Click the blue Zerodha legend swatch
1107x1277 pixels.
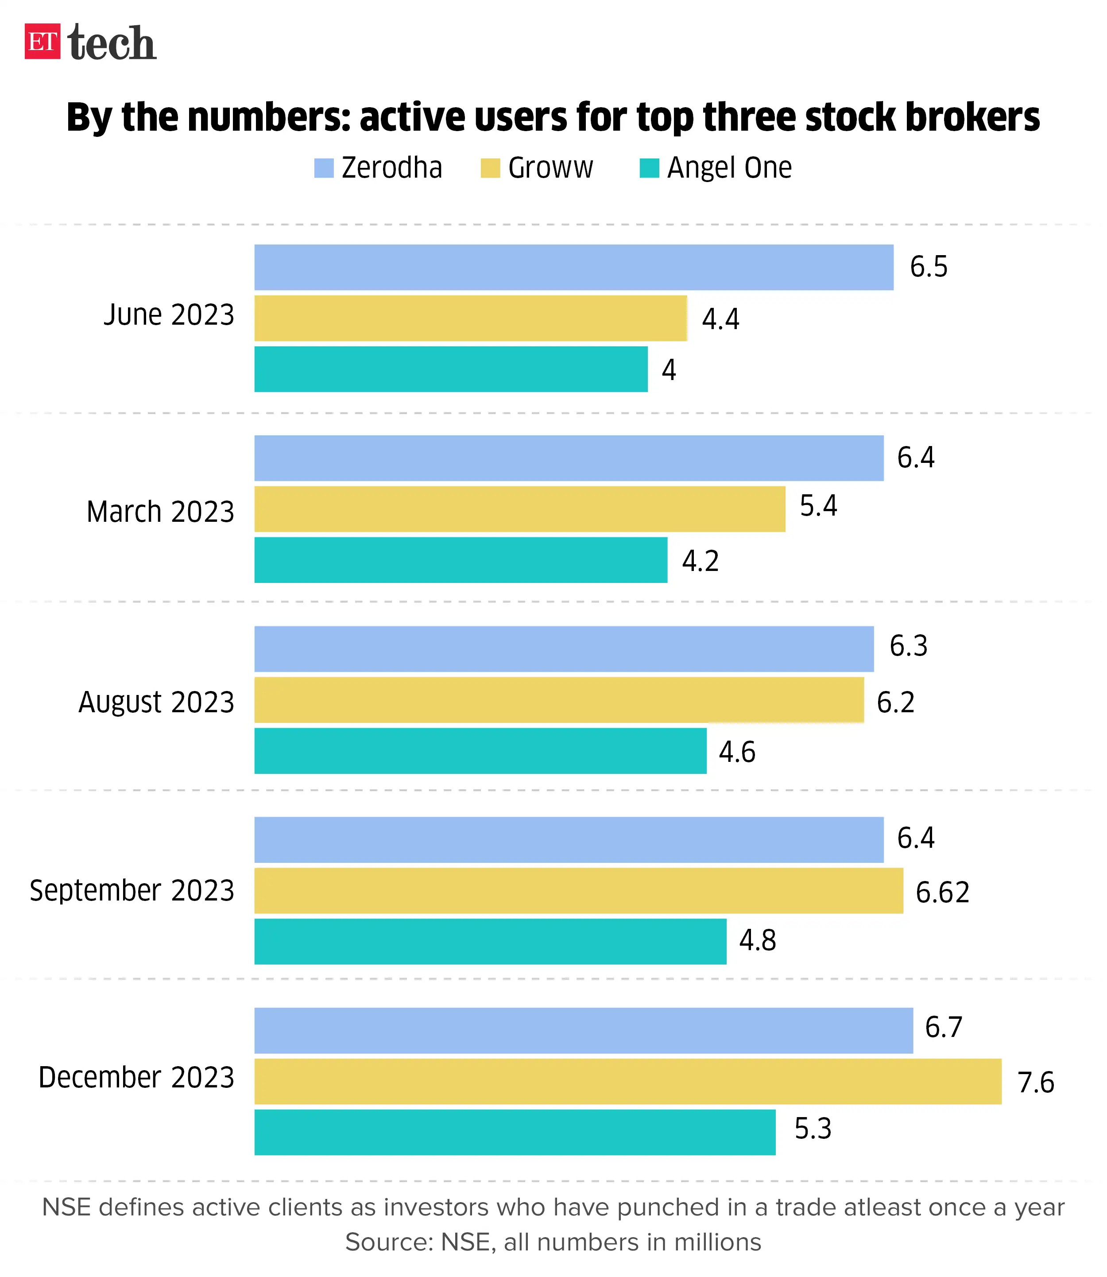(324, 168)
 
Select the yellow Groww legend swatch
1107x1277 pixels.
(490, 168)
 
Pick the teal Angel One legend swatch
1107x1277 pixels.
(649, 168)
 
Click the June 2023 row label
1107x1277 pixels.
(169, 315)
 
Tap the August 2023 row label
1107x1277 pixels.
(156, 703)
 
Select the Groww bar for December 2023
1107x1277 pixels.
(627, 1081)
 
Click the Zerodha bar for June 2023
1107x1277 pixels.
(573, 267)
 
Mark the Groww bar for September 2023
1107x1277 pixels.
(578, 890)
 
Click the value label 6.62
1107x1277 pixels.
(942, 893)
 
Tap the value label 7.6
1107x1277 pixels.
(1035, 1083)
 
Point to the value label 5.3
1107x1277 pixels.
(813, 1130)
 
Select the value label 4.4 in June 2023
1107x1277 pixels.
(720, 319)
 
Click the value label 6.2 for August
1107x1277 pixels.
(895, 703)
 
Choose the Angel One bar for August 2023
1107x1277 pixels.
(480, 751)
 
